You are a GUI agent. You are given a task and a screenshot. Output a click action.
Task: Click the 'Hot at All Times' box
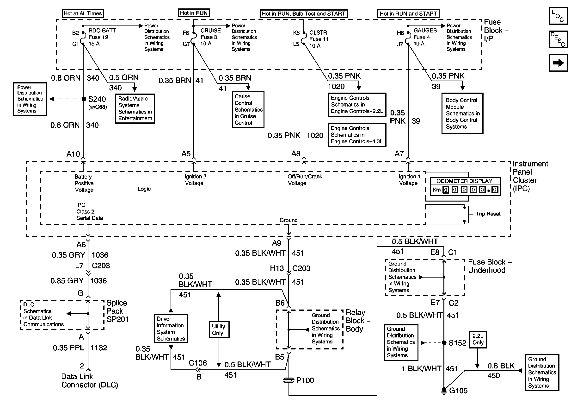click(83, 13)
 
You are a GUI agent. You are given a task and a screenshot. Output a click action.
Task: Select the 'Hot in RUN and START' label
click(408, 13)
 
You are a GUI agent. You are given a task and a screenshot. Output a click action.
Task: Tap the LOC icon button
click(558, 16)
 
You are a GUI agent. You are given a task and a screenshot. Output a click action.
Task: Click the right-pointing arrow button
click(558, 63)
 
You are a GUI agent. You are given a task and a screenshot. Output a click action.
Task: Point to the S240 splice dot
click(84, 99)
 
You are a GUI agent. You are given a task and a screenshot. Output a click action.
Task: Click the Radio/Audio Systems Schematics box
click(135, 108)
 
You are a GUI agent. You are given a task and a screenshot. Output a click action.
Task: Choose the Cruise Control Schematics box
click(248, 110)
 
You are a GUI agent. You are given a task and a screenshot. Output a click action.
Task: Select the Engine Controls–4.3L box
click(357, 135)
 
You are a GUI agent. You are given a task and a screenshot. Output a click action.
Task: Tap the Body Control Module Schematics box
click(462, 113)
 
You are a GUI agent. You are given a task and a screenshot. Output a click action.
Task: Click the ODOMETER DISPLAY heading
click(464, 181)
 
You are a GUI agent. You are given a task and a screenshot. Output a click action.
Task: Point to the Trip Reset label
click(488, 214)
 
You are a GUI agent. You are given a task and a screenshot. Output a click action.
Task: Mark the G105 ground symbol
click(444, 390)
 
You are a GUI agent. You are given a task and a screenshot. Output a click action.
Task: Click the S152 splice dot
click(444, 343)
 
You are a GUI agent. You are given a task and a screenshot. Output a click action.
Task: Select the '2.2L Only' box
click(478, 339)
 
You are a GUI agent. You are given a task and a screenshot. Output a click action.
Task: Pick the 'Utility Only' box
click(219, 330)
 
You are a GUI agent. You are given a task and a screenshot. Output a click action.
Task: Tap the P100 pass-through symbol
click(288, 380)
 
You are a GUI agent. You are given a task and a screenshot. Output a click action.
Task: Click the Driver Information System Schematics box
click(171, 329)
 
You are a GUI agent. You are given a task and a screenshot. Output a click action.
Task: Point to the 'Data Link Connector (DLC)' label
click(90, 381)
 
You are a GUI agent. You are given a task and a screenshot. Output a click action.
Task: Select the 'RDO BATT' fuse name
click(102, 31)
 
